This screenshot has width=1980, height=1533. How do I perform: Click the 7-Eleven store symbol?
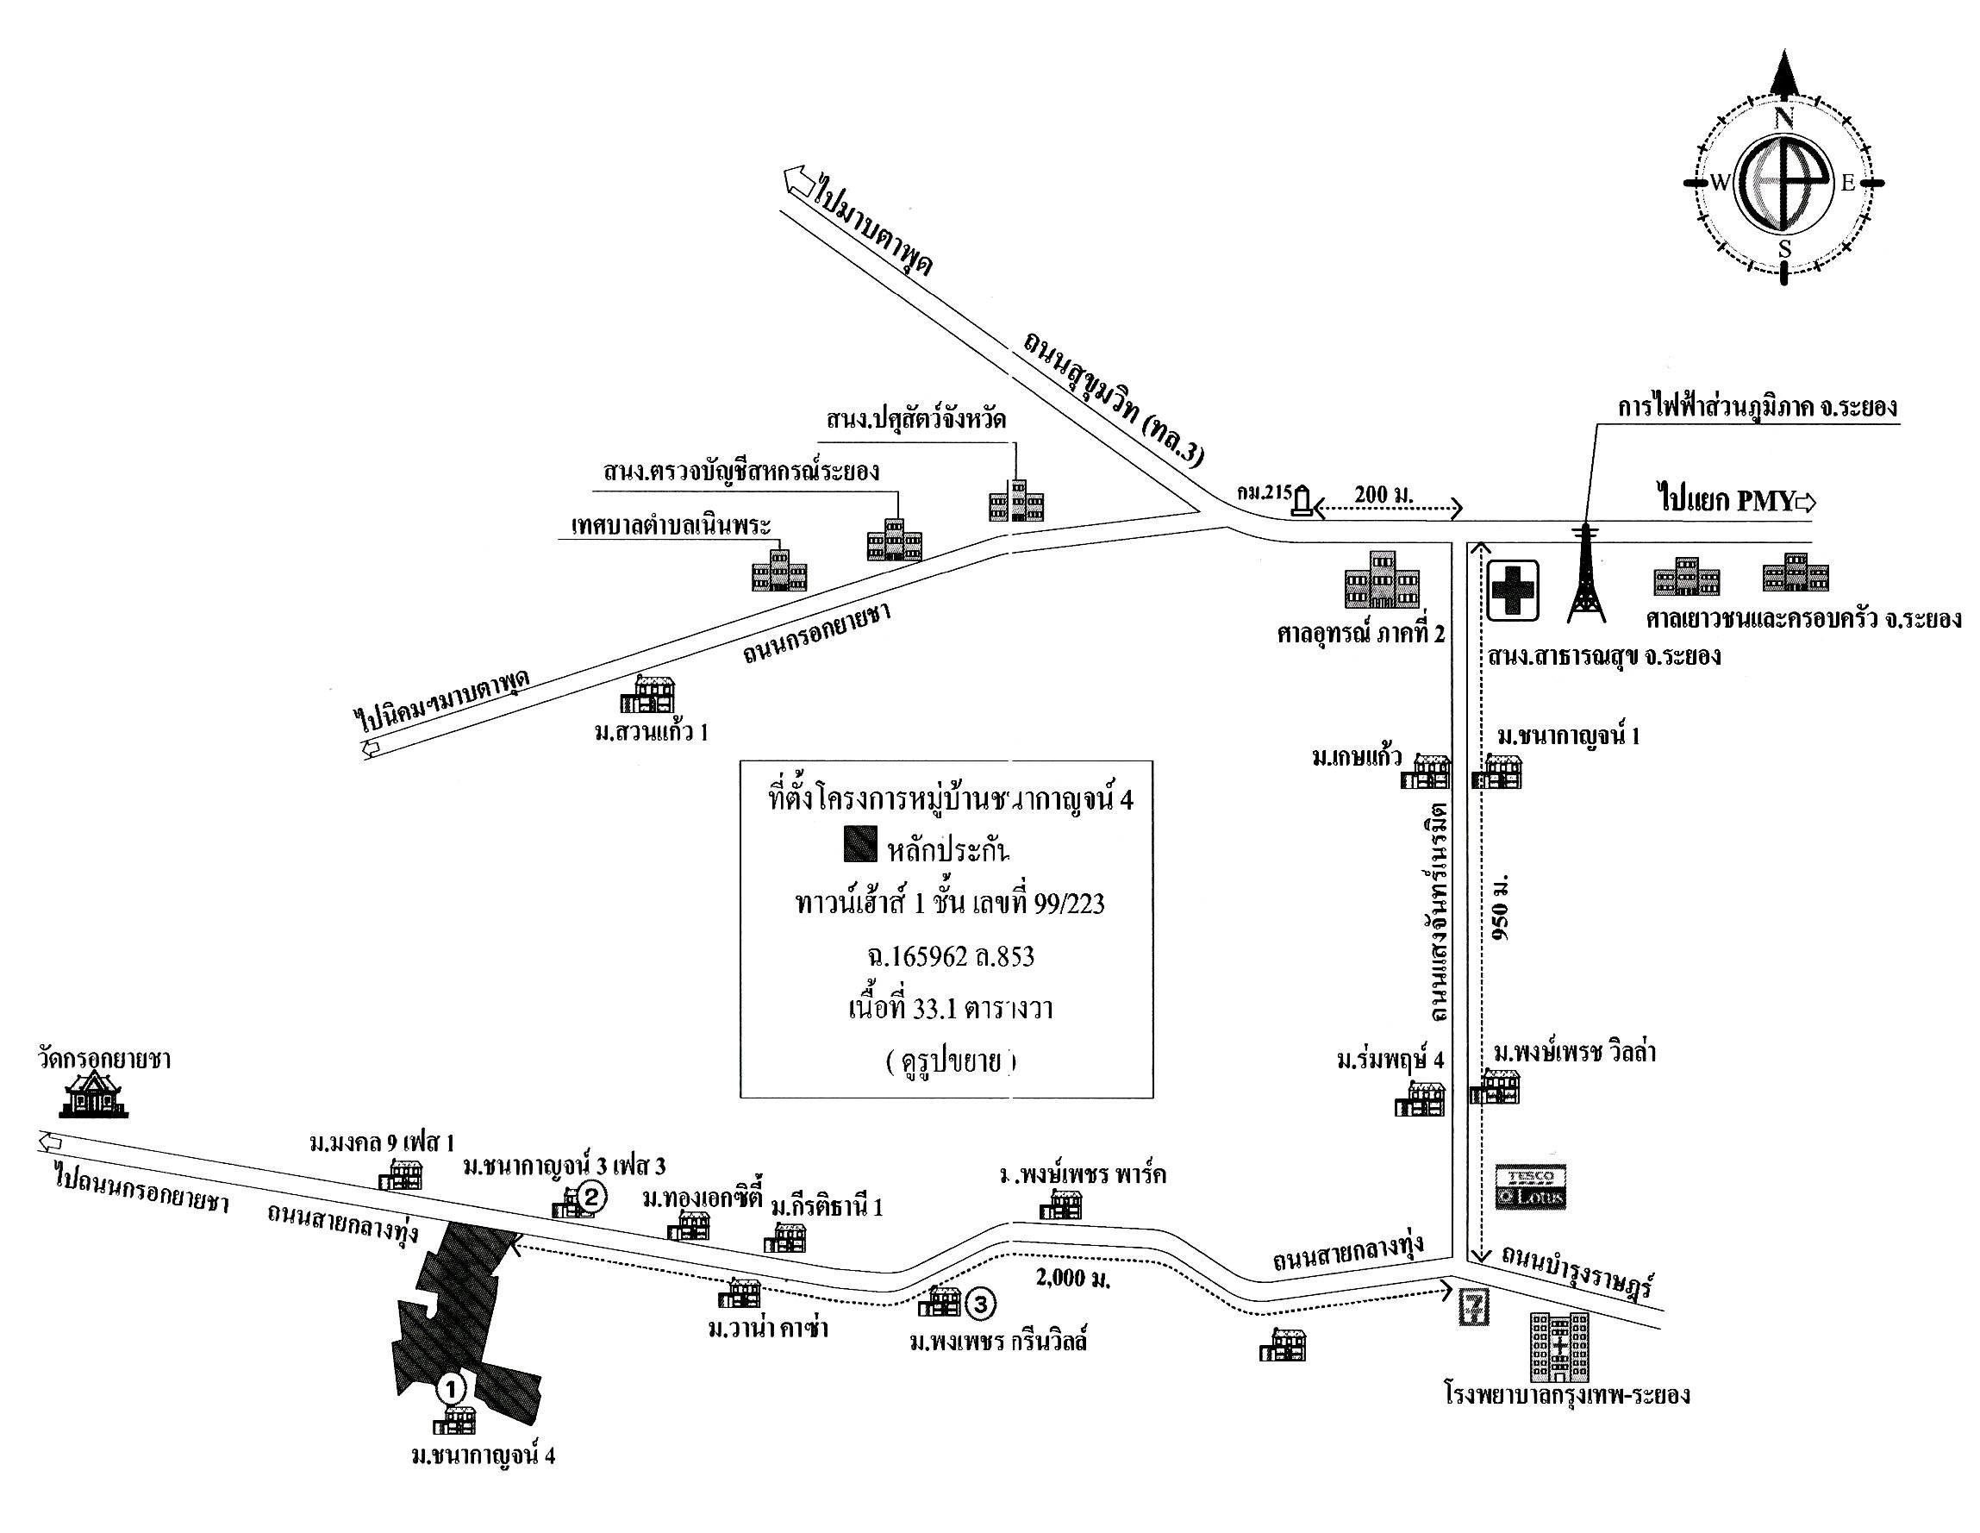pos(1474,1308)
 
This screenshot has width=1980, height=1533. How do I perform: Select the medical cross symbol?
pos(1513,591)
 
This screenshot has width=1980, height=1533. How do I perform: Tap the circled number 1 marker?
pos(452,1387)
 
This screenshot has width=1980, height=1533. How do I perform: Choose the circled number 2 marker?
pos(591,1197)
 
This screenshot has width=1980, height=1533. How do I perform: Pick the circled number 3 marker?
pos(981,1305)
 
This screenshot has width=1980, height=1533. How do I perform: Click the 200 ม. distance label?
pos(1384,495)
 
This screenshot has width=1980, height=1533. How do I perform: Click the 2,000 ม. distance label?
pos(1073,1280)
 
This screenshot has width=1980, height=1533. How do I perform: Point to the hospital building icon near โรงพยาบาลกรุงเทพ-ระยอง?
pos(1559,1346)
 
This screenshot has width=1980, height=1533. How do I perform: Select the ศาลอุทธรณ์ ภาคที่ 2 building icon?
pos(1382,579)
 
